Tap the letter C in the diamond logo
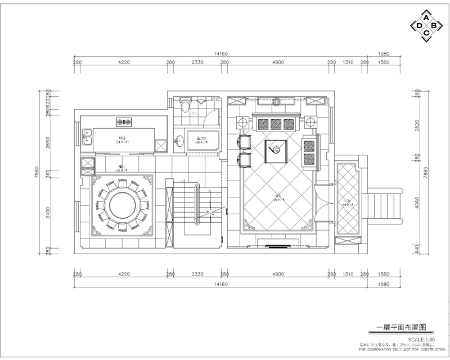tap(426, 34)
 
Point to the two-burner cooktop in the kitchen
tap(124, 121)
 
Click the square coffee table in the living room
tap(277, 150)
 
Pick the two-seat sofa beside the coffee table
tap(310, 151)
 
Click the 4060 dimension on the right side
tap(417, 204)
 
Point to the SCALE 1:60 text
tap(422, 340)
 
